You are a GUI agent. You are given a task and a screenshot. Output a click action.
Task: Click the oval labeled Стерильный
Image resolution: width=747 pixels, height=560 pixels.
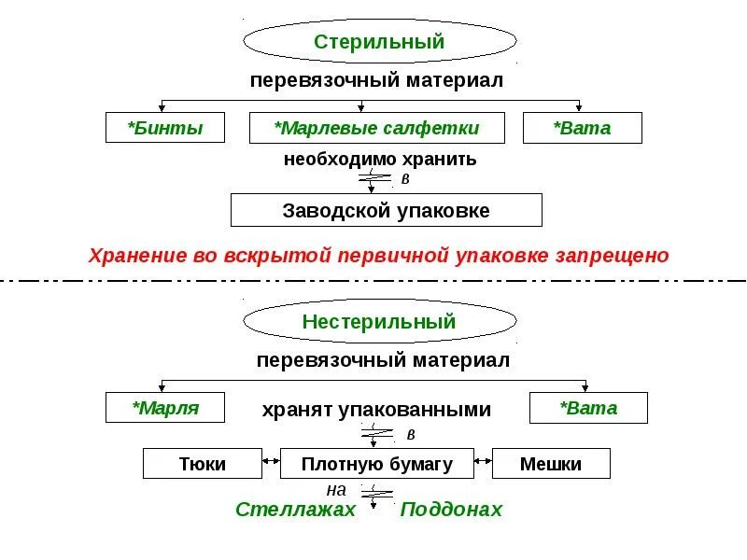(379, 42)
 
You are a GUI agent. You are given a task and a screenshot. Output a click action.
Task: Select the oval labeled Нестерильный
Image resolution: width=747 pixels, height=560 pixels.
(379, 322)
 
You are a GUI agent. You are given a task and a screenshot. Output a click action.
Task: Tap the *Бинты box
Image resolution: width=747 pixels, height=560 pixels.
(165, 128)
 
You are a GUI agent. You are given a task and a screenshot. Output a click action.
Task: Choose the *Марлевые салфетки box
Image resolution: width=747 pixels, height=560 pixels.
(376, 128)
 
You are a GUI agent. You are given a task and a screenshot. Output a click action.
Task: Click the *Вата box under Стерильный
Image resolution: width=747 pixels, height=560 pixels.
(583, 128)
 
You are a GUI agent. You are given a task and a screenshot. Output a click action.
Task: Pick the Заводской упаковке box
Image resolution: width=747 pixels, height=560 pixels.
(386, 210)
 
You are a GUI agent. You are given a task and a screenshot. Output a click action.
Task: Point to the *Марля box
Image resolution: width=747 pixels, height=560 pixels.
(165, 408)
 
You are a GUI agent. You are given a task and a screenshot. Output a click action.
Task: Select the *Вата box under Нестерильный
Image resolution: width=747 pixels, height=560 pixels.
(588, 408)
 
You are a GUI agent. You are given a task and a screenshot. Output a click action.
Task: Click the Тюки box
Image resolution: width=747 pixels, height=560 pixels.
(202, 464)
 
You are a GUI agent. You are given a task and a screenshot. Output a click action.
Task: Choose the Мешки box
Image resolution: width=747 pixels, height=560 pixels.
(551, 464)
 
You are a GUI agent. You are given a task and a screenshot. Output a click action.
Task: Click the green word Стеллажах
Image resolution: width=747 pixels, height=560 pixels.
(295, 510)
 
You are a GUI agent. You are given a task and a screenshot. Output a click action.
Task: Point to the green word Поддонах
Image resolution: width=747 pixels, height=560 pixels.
(451, 510)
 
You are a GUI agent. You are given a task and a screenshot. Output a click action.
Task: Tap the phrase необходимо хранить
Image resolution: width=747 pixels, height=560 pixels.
(380, 159)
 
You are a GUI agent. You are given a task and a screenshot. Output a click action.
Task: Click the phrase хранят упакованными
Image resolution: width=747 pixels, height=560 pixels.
(375, 409)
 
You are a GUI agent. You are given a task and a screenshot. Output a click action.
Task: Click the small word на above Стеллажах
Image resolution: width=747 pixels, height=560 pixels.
(336, 489)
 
